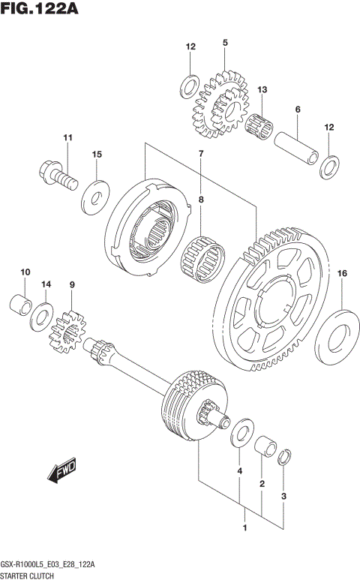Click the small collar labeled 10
point(22,305)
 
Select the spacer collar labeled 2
point(262,448)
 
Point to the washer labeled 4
point(240,434)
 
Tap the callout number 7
point(200,154)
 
